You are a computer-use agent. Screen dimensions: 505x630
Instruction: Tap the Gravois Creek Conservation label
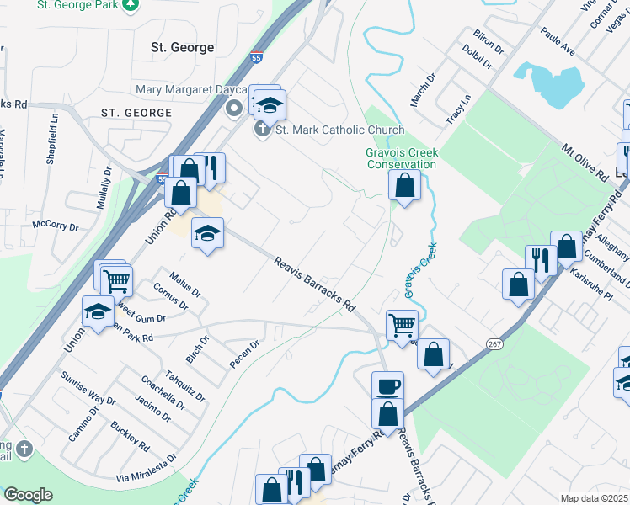tap(401, 158)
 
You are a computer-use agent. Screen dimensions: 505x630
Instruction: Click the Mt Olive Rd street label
tap(585, 162)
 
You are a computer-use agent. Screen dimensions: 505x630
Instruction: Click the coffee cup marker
tap(387, 386)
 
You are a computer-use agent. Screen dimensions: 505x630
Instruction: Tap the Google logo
tap(28, 494)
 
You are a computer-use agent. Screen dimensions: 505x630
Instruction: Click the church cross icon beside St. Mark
tap(261, 130)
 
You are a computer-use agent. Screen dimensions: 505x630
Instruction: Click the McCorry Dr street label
tap(55, 226)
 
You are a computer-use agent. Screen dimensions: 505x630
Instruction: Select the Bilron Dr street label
tap(488, 40)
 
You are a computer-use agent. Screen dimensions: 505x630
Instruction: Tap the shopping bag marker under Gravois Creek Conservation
tap(404, 185)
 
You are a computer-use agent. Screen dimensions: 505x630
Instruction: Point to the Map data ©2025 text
tap(594, 498)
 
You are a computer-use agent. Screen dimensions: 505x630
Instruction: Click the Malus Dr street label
tap(185, 284)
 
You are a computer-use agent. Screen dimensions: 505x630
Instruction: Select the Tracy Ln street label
tap(457, 110)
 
